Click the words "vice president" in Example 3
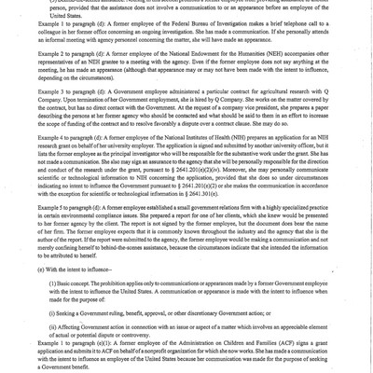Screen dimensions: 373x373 point(244,136)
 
